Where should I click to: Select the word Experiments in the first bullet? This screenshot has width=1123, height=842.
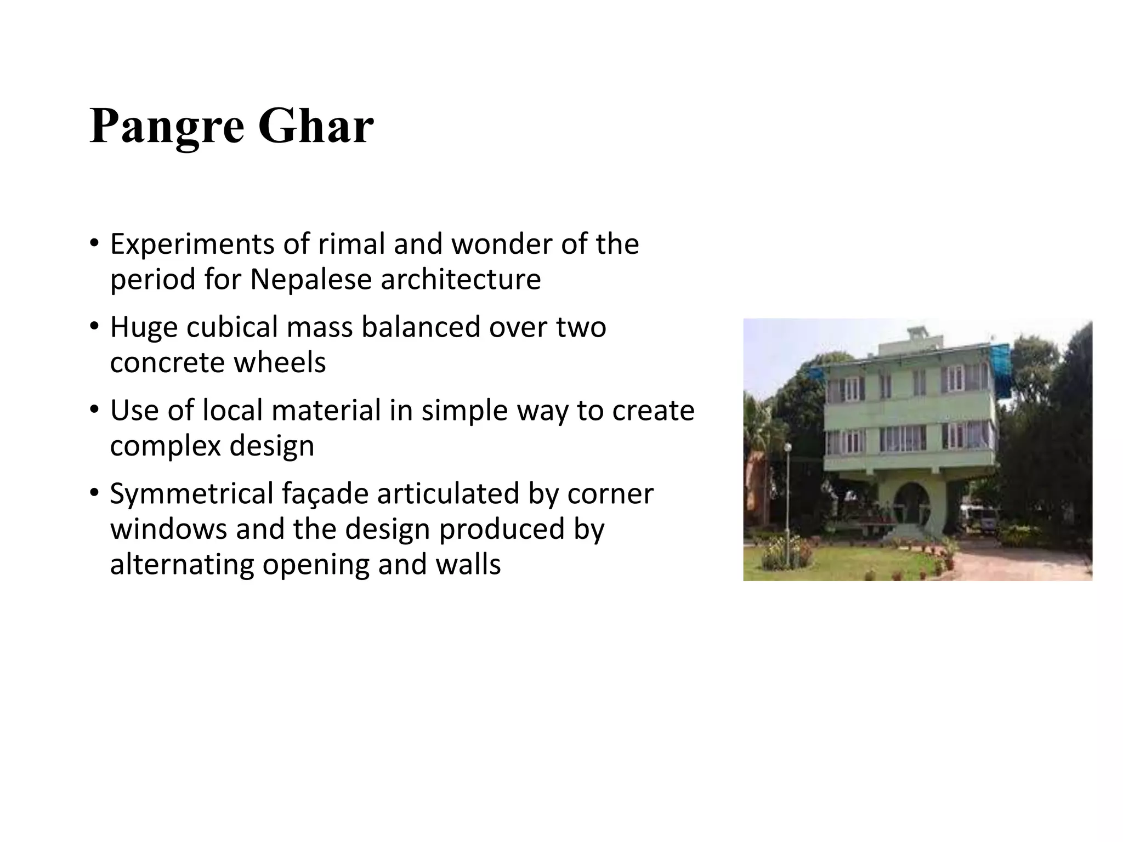click(192, 244)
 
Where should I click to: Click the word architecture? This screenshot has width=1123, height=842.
click(461, 280)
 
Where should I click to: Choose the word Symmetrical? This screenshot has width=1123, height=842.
click(191, 493)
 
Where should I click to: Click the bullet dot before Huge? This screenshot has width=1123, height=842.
click(94, 326)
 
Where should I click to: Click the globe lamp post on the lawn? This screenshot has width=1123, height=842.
click(788, 448)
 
